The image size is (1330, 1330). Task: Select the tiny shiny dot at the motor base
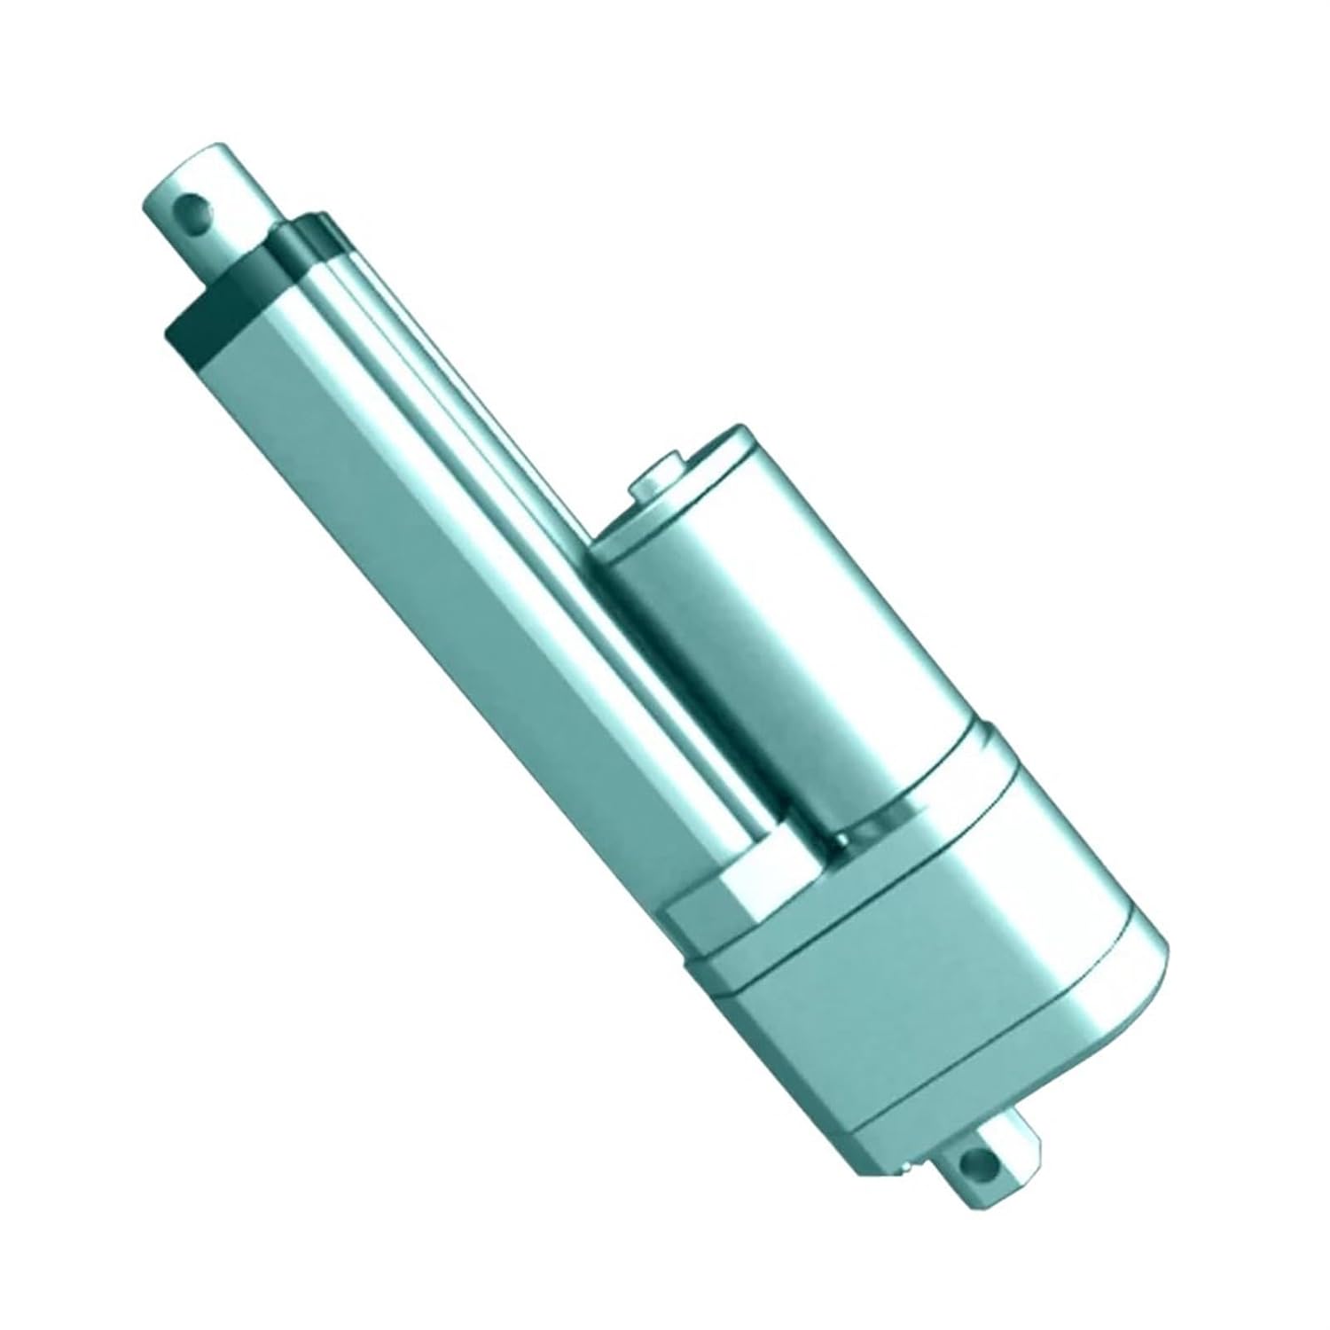coord(842,838)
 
